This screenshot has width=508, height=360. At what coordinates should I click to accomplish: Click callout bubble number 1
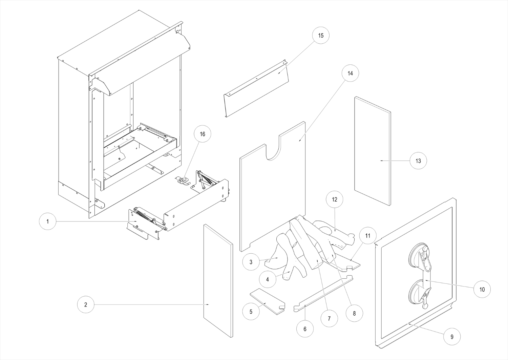point(48,221)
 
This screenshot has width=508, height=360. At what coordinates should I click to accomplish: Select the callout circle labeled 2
point(86,304)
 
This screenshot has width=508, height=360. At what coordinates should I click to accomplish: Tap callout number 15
point(321,36)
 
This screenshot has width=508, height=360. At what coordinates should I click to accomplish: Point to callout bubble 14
point(350,73)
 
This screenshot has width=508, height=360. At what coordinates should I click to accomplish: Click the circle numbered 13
point(418,161)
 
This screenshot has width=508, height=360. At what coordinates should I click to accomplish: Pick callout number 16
point(202,134)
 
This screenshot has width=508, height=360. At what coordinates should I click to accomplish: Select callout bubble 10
point(482,289)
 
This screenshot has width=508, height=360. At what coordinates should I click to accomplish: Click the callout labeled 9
point(452,337)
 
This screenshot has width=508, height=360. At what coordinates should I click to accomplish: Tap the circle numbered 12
point(334,199)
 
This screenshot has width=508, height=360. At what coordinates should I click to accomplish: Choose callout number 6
point(305,329)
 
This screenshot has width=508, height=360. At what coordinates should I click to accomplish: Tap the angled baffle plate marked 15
point(257,90)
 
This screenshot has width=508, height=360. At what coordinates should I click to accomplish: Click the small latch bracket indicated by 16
point(183,180)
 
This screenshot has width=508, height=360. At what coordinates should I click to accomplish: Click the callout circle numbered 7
point(329,318)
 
